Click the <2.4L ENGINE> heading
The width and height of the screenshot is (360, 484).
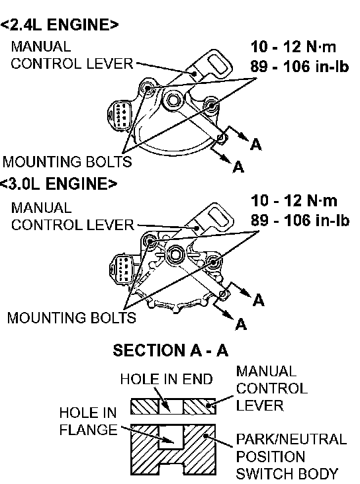coord(59,24)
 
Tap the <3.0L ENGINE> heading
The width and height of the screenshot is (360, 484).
coord(58,184)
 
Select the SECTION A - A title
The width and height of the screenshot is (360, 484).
coord(170,350)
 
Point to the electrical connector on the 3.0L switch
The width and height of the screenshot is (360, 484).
coord(122,268)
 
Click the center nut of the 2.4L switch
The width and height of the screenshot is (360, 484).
coord(173,100)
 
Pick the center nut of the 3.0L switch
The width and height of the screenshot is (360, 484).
coord(175,254)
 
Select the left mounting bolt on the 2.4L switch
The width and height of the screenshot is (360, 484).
coord(148,89)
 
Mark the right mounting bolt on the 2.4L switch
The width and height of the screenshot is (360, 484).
coord(212,105)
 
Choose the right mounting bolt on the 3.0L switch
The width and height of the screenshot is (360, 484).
coord(213,262)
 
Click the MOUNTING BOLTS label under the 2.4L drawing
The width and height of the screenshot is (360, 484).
coord(67,162)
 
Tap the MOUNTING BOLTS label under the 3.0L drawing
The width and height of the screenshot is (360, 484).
coord(71,318)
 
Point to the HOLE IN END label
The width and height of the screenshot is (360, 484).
coord(167,379)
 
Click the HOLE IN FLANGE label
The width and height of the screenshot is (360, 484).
coord(88,421)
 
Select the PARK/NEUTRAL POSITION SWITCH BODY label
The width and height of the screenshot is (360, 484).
coord(291,456)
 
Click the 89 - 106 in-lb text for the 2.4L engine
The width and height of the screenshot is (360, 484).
coord(300,66)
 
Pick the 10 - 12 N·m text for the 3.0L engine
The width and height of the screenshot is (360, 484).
coord(294,200)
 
